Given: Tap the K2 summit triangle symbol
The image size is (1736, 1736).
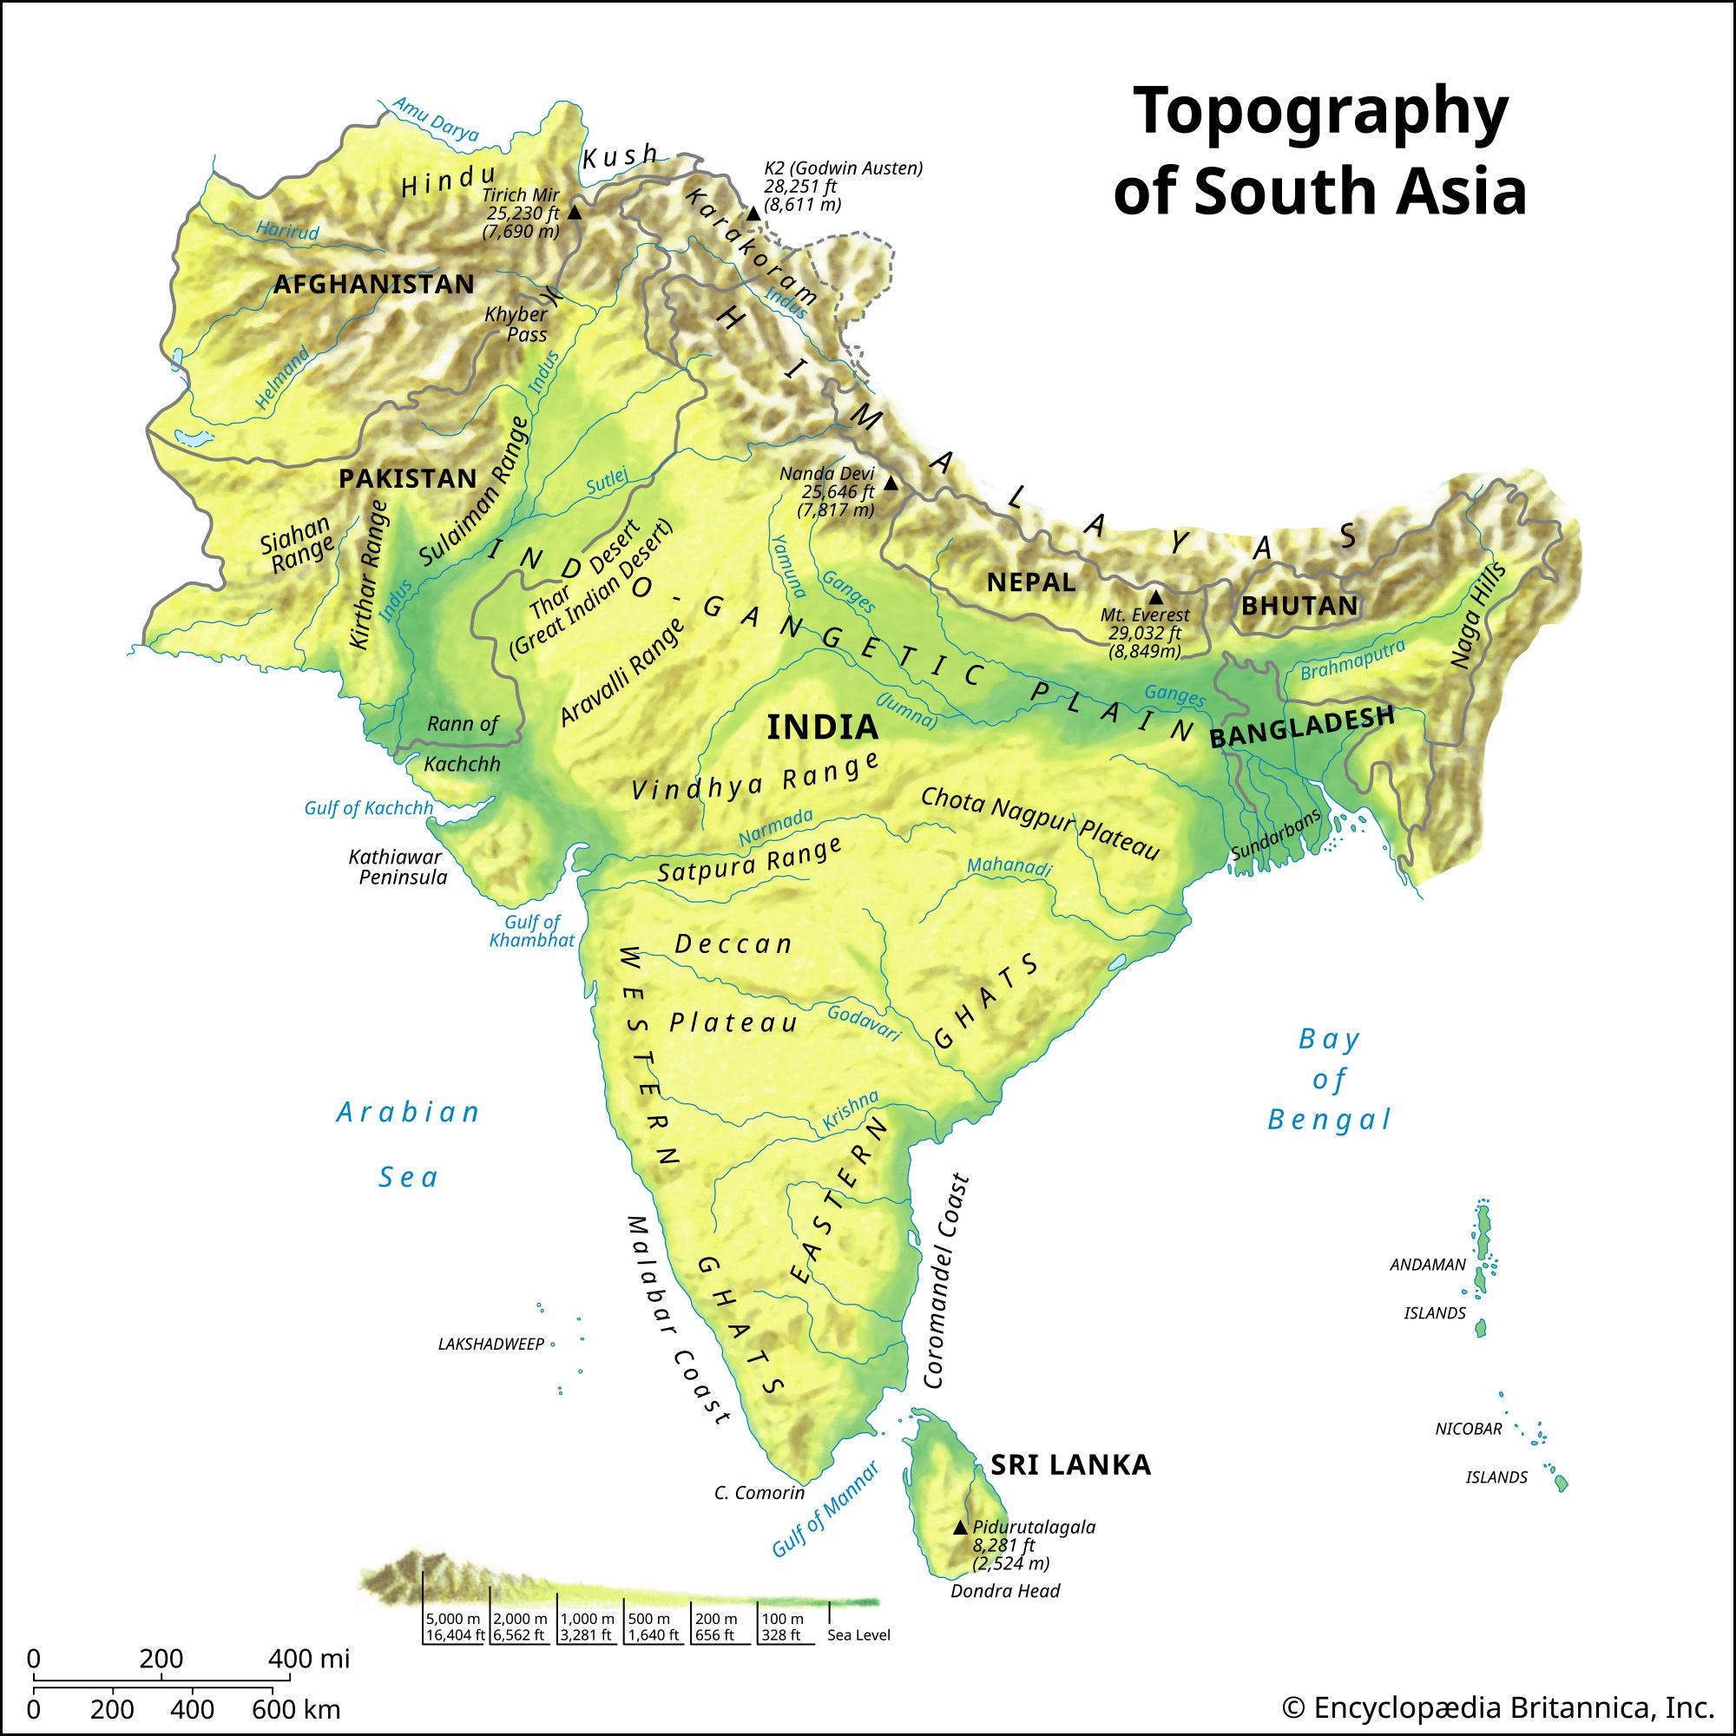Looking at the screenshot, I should click(x=753, y=214).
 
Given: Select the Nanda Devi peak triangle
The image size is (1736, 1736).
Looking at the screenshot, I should click(x=891, y=483).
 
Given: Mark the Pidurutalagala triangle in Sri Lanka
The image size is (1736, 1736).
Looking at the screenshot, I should click(x=960, y=1528).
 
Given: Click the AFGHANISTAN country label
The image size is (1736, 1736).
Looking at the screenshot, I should click(x=374, y=284).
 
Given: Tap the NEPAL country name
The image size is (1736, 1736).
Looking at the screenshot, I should click(x=1030, y=583).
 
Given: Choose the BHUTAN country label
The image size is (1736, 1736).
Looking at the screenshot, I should click(x=1299, y=606).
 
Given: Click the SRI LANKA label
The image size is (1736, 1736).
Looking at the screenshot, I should click(x=1070, y=1465).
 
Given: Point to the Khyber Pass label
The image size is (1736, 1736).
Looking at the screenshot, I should click(x=517, y=325).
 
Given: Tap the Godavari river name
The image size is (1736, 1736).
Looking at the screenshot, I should click(x=864, y=1023).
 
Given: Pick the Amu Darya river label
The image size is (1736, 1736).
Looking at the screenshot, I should click(x=437, y=120).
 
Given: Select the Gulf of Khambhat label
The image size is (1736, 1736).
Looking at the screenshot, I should click(x=532, y=930).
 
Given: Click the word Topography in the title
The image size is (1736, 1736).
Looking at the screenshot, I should click(x=1320, y=112).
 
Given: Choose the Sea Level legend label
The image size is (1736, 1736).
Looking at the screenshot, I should click(x=858, y=1635).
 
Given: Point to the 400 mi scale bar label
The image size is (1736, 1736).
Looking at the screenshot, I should click(x=308, y=1659).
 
